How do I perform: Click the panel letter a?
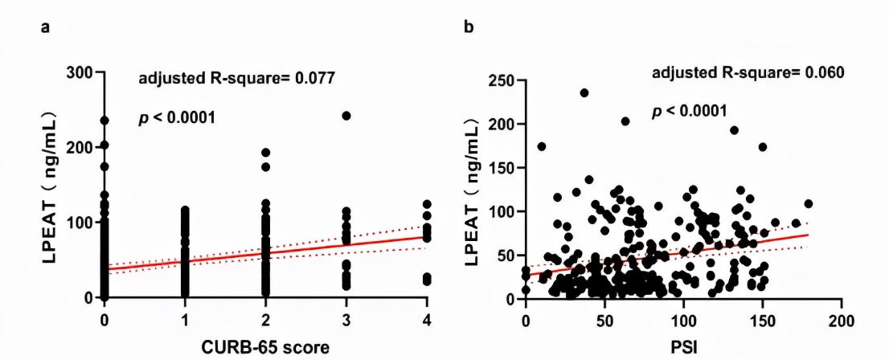tap(46, 27)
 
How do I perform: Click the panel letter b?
tap(469, 27)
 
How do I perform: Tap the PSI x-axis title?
tap(683, 348)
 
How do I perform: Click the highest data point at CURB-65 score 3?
tap(346, 116)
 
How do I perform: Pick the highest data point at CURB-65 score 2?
tap(265, 153)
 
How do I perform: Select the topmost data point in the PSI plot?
tap(584, 93)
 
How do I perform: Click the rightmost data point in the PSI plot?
tap(809, 204)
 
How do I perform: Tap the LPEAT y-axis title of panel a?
tap(55, 185)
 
